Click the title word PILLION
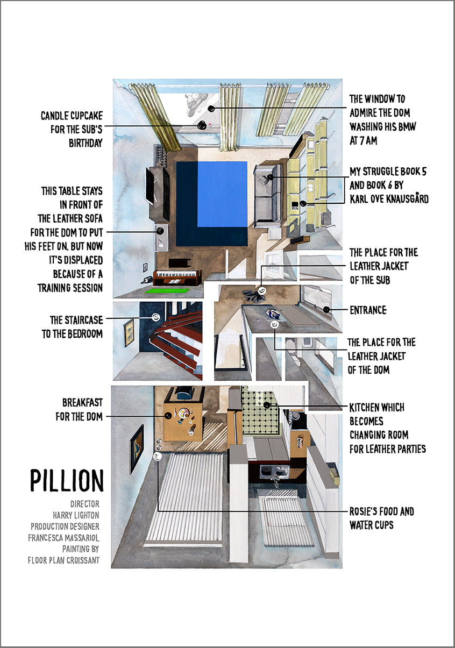67,481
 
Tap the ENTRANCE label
368,310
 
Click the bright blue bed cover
222,194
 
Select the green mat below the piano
167,290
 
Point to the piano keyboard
177,274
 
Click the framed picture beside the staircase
129,333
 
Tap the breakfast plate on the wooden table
183,413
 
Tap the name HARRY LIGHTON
76,515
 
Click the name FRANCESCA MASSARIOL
63,538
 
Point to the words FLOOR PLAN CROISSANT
63,560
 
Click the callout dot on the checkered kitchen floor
267,405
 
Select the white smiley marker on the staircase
156,317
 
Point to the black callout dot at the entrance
326,310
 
